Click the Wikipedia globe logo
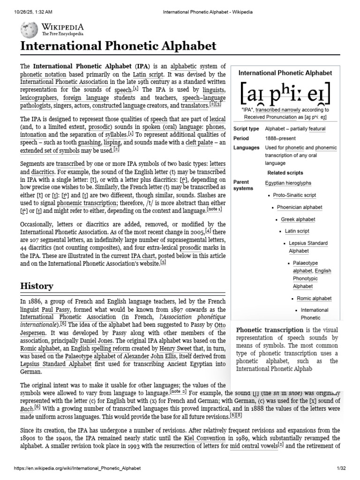pos(29,30)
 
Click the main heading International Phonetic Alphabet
pos(118,46)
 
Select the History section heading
pos(36,285)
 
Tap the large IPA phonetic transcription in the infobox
pos(285,94)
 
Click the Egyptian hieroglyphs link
pos(288,183)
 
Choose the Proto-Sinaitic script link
pos(294,195)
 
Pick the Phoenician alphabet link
pos(300,207)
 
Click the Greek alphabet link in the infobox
pos(298,219)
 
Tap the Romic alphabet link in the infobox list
pos(314,298)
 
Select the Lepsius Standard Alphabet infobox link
pos(308,247)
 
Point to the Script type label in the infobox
pos(246,129)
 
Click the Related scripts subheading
pos(285,172)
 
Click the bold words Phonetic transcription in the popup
pos(270,330)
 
